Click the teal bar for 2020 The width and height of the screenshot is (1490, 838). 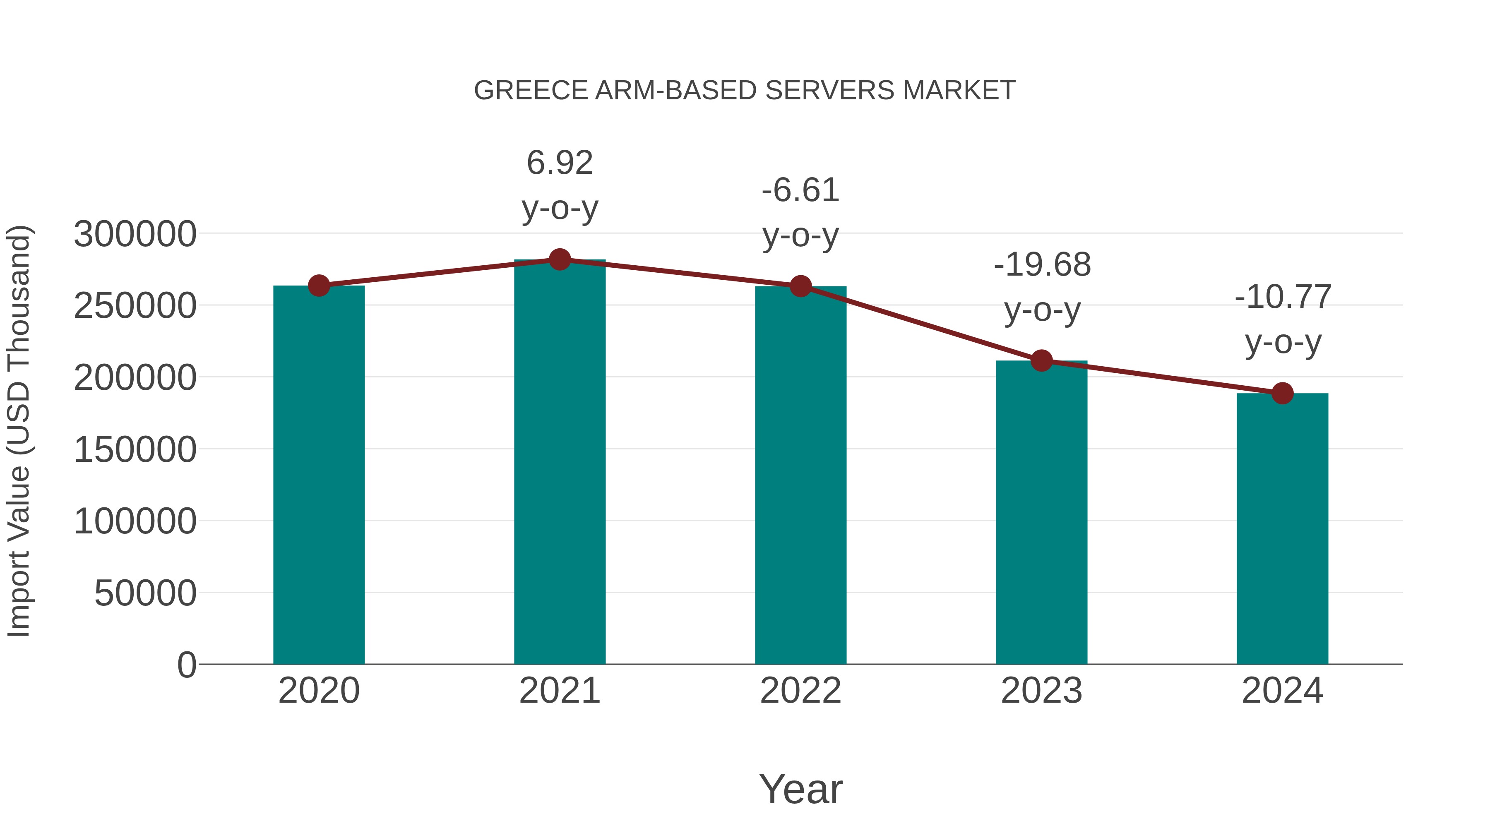pyautogui.click(x=319, y=474)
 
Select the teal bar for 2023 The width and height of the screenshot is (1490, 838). pyautogui.click(x=1041, y=512)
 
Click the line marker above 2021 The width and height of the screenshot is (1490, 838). pyautogui.click(x=559, y=259)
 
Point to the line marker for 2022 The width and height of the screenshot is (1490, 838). pyautogui.click(x=800, y=286)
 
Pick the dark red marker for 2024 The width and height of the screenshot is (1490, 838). pyautogui.click(x=1282, y=393)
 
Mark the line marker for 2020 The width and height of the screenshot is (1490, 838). pyautogui.click(x=319, y=285)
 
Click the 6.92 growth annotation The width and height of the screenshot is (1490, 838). pyautogui.click(x=559, y=163)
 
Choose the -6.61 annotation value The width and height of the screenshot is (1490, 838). pyautogui.click(x=800, y=190)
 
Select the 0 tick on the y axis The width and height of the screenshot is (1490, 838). pyautogui.click(x=187, y=665)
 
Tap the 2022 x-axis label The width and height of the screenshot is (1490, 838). pyautogui.click(x=800, y=691)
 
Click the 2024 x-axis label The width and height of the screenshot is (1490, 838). pyautogui.click(x=1282, y=691)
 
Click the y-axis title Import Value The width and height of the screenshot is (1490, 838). pyautogui.click(x=19, y=431)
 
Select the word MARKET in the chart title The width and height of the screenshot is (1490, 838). pyautogui.click(x=959, y=91)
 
